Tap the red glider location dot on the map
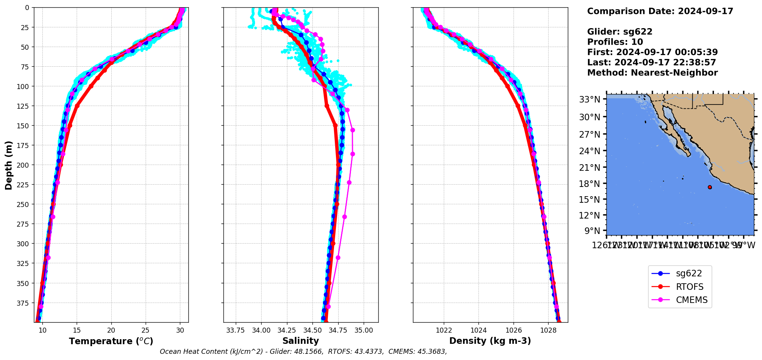tap(710, 187)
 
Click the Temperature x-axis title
tap(111, 341)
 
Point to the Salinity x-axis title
tap(300, 341)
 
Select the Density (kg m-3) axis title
tap(490, 341)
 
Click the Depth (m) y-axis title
tap(8, 165)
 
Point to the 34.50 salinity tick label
tap(312, 330)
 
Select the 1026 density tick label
tap(514, 330)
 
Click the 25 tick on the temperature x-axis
tap(146, 330)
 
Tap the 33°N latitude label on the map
tap(589, 100)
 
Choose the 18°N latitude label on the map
tap(589, 184)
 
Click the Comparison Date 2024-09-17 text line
tap(660, 11)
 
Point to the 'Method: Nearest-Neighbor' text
tap(652, 73)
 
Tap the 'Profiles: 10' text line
tap(615, 42)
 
